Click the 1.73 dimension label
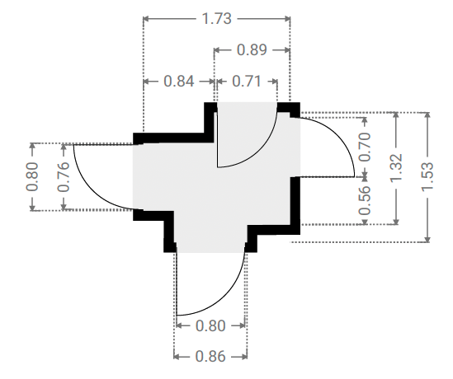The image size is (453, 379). point(217,19)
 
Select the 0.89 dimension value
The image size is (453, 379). point(252,50)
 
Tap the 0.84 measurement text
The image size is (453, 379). point(179,81)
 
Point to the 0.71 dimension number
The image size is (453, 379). point(247,81)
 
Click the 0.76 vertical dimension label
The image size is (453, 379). point(64,177)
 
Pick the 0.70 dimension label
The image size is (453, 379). point(365,147)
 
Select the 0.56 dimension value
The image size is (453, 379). point(365,200)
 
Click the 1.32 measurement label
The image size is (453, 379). point(396,168)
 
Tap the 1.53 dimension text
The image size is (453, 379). point(427,176)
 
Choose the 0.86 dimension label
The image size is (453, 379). point(210,357)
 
